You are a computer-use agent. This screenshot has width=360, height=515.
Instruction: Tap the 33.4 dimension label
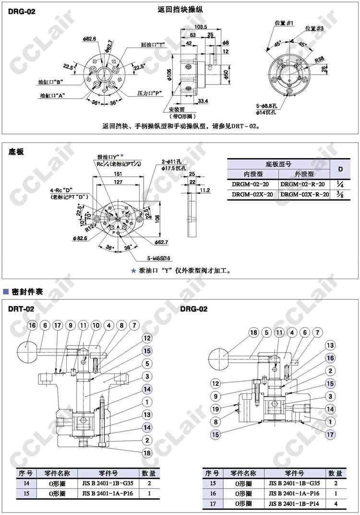[x=203, y=101]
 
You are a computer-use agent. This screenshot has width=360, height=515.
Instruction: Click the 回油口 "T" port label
[x=153, y=44]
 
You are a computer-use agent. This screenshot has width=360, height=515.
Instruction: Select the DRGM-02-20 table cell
[x=252, y=184]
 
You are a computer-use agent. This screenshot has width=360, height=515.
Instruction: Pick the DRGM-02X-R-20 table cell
[x=305, y=194]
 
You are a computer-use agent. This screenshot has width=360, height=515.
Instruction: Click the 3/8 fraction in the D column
[x=340, y=194]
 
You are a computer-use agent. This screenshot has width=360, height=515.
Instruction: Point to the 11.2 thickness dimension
[x=205, y=191]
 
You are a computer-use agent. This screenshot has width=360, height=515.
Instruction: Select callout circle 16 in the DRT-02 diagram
[x=32, y=326]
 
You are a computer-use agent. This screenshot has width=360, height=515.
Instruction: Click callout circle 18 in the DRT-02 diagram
[x=147, y=453]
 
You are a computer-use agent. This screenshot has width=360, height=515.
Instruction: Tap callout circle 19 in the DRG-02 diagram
[x=216, y=409]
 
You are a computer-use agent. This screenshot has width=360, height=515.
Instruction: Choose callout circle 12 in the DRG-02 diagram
[x=216, y=383]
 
